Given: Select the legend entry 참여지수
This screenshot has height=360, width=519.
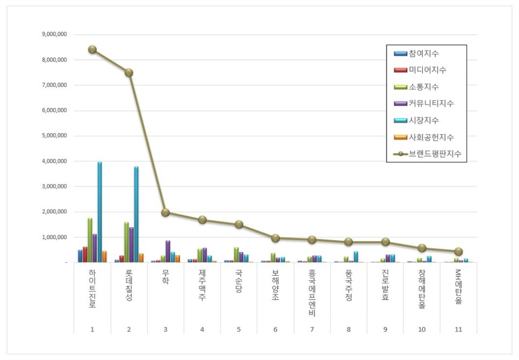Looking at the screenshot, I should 424,54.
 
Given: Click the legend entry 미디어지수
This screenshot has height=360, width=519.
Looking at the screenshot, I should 427,70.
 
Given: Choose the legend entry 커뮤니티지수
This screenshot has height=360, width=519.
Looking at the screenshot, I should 431,103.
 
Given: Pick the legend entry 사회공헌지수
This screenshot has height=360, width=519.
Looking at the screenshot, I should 431,137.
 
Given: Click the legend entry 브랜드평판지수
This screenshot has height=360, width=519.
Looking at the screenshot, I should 435,154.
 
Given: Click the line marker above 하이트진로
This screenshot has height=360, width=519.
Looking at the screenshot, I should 92,49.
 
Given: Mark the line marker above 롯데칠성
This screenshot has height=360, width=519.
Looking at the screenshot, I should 129,72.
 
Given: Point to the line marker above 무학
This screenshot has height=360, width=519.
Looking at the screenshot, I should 165,212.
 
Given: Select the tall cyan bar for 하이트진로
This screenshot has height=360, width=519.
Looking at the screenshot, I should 99,212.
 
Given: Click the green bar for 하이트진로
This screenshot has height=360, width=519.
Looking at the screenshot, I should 90,240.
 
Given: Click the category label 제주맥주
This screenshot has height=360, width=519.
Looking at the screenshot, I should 202,285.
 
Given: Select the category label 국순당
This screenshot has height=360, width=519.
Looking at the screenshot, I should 239,281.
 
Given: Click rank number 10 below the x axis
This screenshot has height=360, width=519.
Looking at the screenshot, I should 422,328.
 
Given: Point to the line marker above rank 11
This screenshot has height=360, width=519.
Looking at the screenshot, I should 458,251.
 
